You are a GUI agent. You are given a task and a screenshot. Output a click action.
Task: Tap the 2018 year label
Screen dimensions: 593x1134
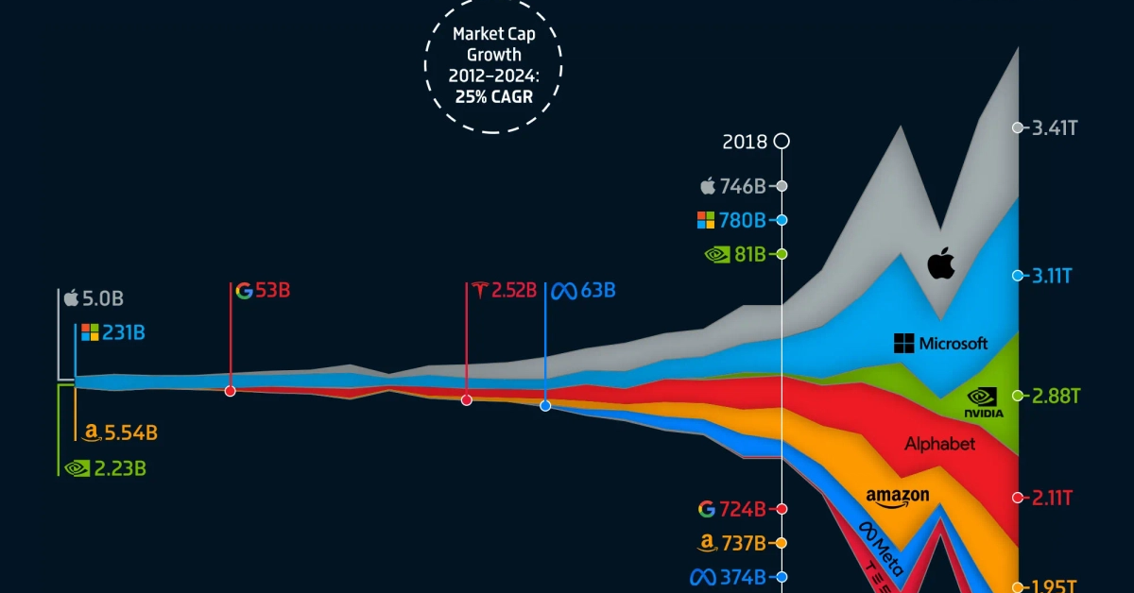tap(745, 143)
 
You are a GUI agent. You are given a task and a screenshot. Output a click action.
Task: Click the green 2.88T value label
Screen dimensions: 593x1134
tap(1055, 396)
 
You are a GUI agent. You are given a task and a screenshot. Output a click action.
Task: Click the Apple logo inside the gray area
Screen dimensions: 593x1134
tap(940, 263)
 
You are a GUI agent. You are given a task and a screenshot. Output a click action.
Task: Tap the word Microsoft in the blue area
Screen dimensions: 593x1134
tap(953, 344)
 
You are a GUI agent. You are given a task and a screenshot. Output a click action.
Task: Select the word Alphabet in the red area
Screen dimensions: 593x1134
tap(939, 444)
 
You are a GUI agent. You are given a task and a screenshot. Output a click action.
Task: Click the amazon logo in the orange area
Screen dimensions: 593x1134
tap(897, 497)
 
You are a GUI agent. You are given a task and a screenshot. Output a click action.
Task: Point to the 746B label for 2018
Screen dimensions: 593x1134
tap(743, 186)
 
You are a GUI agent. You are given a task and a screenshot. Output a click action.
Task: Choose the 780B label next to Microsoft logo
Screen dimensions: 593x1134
tap(743, 221)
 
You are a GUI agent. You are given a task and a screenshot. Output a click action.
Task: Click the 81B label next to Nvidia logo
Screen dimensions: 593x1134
tap(747, 255)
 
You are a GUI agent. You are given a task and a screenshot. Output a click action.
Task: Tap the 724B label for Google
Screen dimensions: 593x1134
tap(743, 510)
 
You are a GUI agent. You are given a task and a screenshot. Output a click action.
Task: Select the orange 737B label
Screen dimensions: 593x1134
tap(743, 544)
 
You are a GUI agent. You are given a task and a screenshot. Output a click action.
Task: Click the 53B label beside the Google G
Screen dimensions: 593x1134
tap(272, 290)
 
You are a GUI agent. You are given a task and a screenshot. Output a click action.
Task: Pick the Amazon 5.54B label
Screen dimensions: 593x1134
tap(130, 433)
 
